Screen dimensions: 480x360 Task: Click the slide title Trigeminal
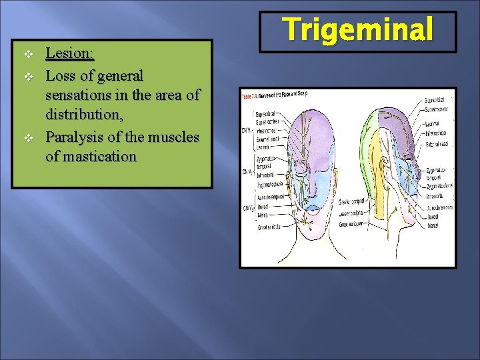(x=358, y=29)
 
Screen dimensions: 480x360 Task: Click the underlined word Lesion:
(x=69, y=53)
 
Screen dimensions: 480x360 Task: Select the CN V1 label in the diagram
(x=246, y=130)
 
